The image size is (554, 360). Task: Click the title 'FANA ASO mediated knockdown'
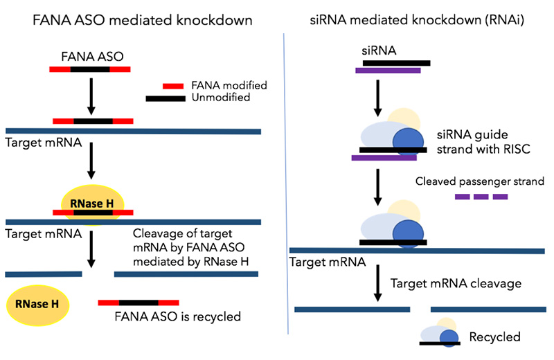143,20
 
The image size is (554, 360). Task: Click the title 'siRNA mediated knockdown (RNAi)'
417,20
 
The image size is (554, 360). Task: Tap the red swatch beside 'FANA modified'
173,87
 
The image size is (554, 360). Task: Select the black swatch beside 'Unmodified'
166,98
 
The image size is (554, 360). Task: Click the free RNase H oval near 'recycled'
37,305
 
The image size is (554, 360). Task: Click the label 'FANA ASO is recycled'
178,316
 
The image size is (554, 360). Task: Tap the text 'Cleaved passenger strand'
479,181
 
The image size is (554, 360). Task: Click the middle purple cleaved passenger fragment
481,197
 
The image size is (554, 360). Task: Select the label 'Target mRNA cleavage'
456,283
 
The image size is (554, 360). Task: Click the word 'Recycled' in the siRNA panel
494,336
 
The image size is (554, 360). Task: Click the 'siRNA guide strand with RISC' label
483,142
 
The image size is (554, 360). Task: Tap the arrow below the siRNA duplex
377,98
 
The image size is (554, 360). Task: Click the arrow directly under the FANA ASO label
91,96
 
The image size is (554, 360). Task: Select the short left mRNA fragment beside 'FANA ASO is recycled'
44,274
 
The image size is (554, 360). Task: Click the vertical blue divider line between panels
286,183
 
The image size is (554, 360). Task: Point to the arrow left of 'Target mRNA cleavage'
377,283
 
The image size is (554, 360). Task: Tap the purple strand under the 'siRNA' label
388,71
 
